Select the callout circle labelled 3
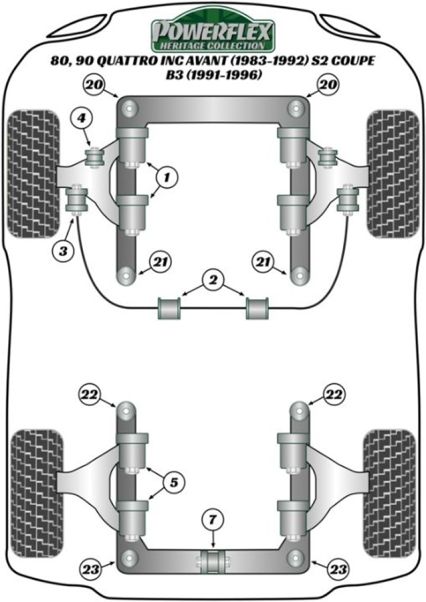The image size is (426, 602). point(63,251)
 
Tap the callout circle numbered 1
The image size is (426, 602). point(167,176)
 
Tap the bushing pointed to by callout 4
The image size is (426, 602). point(94,158)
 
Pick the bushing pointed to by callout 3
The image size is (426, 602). point(76,199)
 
